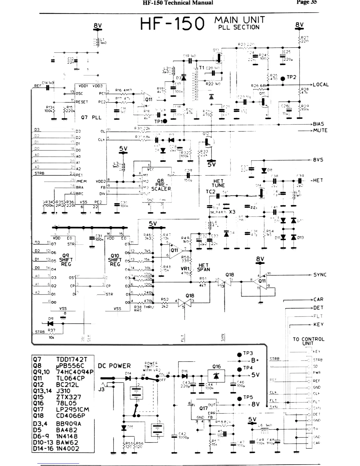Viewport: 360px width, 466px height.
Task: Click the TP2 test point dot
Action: [x=283, y=78]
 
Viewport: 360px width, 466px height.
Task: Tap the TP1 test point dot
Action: [x=165, y=121]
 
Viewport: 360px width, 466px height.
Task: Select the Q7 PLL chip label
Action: [x=91, y=117]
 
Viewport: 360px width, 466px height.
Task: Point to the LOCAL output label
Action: [x=321, y=84]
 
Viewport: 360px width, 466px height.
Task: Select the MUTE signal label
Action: [x=320, y=130]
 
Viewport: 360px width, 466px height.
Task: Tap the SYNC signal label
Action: [x=320, y=275]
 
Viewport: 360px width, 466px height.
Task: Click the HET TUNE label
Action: [x=218, y=183]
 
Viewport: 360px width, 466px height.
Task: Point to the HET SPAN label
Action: [x=204, y=267]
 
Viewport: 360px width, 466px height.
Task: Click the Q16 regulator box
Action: [x=216, y=375]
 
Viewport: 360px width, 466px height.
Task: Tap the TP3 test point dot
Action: [x=239, y=355]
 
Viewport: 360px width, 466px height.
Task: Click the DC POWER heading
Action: [x=114, y=366]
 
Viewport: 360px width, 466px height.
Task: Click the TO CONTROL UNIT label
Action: [x=309, y=341]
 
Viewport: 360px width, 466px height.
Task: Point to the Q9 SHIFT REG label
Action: [x=66, y=260]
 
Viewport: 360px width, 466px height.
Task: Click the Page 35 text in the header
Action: [x=306, y=3]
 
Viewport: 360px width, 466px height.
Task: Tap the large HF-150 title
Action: [x=172, y=24]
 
